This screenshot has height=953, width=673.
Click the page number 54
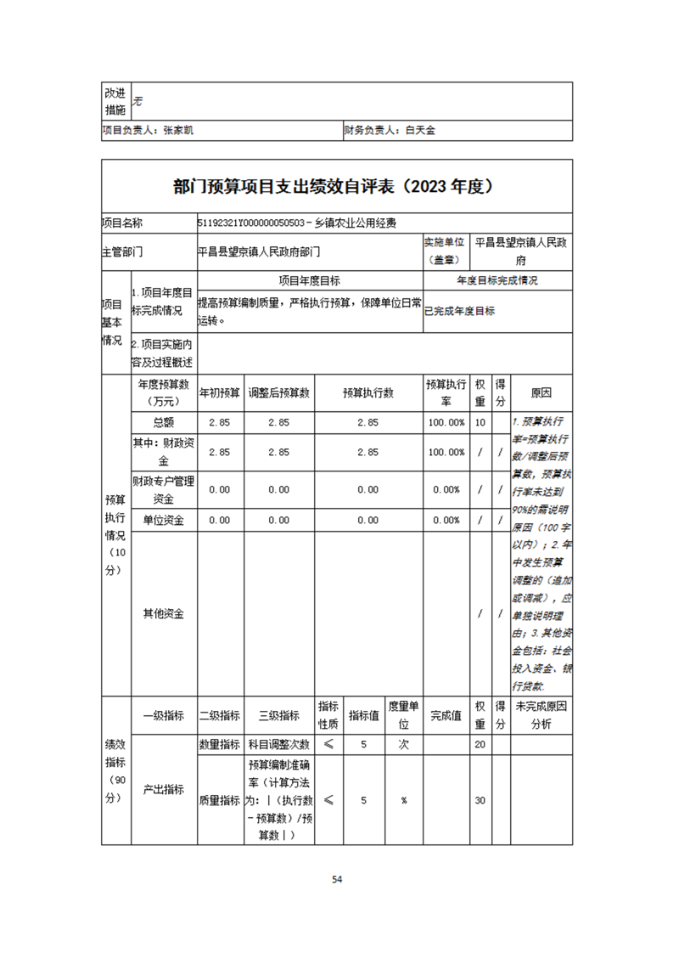(337, 880)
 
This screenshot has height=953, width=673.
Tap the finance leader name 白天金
(419, 131)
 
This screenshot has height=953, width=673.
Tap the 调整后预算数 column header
(278, 393)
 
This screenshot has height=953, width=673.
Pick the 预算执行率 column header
(446, 393)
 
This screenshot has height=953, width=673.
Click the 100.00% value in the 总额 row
(446, 423)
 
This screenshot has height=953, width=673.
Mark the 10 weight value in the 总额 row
(480, 423)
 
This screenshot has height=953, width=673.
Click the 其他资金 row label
(164, 613)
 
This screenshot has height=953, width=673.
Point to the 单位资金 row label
(164, 520)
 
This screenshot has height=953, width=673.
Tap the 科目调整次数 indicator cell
(278, 745)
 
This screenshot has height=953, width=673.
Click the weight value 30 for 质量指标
(480, 800)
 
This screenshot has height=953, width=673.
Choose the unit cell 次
(404, 745)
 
